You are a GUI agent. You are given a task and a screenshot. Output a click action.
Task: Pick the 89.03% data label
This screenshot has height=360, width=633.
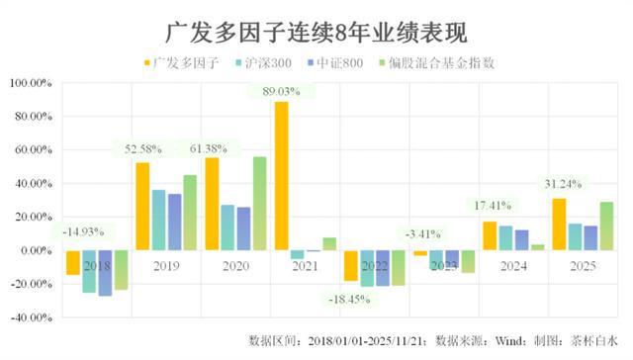coord(281,92)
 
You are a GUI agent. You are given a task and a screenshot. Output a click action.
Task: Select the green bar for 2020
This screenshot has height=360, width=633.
coord(260,203)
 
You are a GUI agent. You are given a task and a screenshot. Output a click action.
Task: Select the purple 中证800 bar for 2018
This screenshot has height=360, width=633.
coord(105,272)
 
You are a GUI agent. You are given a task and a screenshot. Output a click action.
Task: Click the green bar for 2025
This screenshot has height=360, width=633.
coord(605,225)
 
